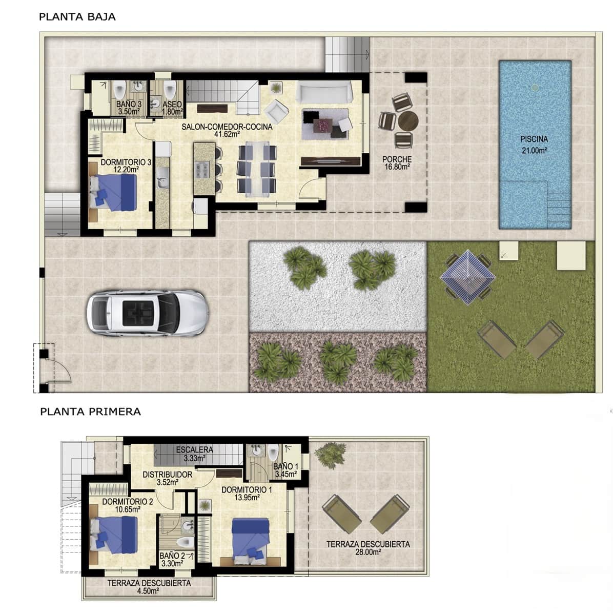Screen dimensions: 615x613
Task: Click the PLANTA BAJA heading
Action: click(x=77, y=16)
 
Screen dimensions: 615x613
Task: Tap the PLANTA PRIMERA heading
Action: click(x=90, y=412)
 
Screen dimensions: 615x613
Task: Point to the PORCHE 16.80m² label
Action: click(x=397, y=162)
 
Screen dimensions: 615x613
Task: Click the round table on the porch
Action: click(x=408, y=121)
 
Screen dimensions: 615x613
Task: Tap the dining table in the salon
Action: click(x=257, y=170)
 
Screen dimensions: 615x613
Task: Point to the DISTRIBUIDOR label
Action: click(x=167, y=475)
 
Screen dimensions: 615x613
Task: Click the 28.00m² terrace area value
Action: click(x=368, y=552)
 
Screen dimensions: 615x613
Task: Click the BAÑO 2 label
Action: click(x=172, y=556)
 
